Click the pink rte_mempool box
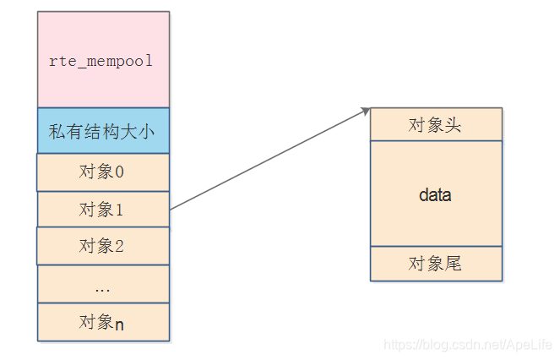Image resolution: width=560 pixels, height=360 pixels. [103, 59]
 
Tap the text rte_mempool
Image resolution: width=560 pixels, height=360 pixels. [102, 62]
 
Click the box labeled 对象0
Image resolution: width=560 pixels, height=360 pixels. [103, 172]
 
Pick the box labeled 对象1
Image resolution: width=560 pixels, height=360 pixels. [103, 209]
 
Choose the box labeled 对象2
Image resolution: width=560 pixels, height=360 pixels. [103, 246]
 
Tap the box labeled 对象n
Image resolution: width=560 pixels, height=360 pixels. [103, 322]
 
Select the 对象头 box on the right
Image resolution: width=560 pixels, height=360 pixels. [436, 125]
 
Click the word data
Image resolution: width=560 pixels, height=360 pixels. [436, 194]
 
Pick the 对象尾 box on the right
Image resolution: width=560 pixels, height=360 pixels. [436, 264]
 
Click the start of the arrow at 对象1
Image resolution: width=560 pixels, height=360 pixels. [171, 208]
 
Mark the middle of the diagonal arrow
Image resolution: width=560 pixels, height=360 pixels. [269, 159]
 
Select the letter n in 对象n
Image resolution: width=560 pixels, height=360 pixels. [119, 323]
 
